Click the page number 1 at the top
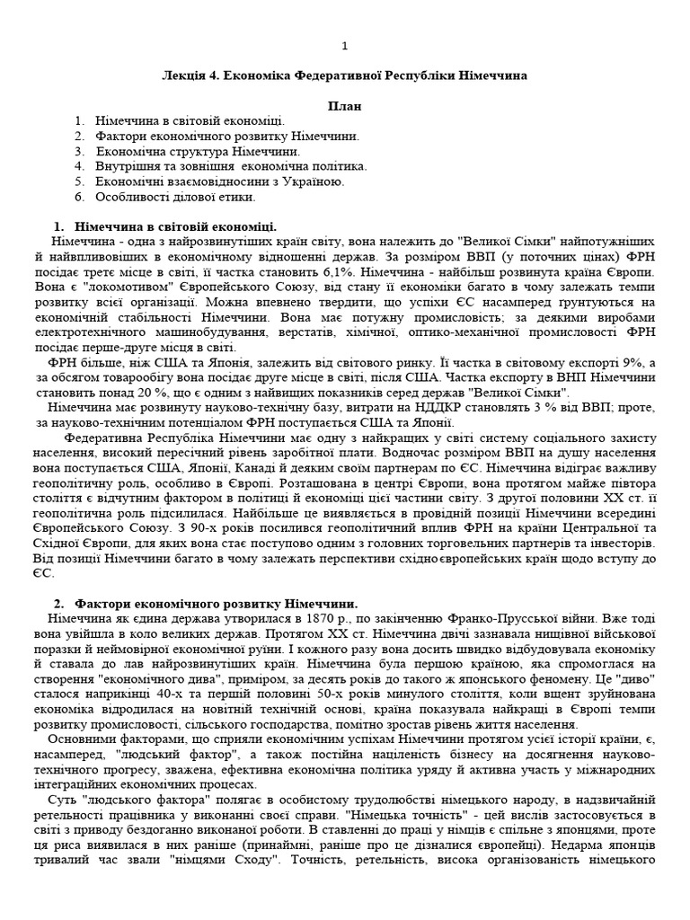(345, 47)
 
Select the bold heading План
(345, 105)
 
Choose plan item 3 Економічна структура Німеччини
(199, 151)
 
